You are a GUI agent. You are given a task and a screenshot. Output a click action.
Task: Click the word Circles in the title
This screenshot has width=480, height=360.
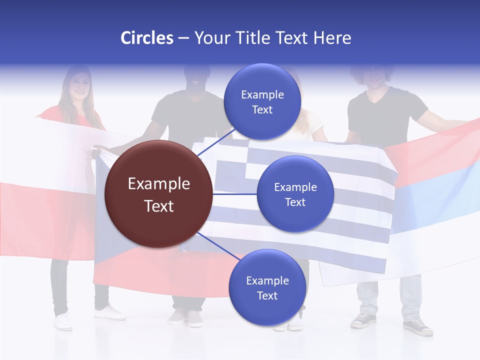point(147,38)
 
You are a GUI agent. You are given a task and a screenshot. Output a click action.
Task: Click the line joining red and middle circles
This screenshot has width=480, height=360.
point(235,194)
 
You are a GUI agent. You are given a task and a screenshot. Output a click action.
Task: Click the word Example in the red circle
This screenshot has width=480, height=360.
point(159,184)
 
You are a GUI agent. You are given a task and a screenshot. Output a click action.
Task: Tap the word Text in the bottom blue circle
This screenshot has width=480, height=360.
point(267,295)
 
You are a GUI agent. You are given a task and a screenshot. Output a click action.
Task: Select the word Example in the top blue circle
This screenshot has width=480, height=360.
point(262,94)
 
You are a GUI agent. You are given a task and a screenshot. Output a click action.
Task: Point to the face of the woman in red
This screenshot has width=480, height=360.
point(78,85)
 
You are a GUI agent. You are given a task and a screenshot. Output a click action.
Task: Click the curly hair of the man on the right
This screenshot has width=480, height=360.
point(372,72)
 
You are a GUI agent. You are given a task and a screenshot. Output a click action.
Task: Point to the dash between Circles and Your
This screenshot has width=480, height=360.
point(183,38)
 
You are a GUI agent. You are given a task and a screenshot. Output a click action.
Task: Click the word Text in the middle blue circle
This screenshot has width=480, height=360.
point(295,202)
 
